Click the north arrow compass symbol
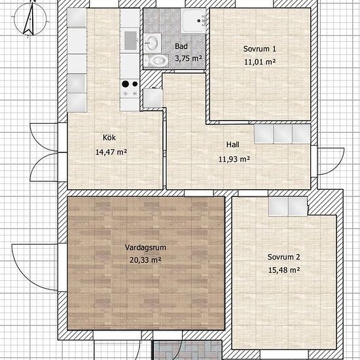pos(30,19)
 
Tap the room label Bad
pos(181,46)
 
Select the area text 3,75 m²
pos(189,58)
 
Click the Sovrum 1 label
pos(260,49)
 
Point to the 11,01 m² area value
pos(260,62)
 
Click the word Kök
pos(109,137)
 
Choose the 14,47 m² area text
pos(111,152)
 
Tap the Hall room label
pos(233,145)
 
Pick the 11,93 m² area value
pos(234,159)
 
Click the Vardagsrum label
pos(145,247)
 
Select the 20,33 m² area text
pos(145,260)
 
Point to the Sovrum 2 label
pos(284,257)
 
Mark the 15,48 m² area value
pos(284,270)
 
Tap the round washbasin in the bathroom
pos(152,43)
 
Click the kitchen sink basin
pos(130,41)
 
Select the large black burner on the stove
pos(126,84)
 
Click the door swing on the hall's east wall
pos(331,162)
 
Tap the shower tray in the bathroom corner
pos(193,21)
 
